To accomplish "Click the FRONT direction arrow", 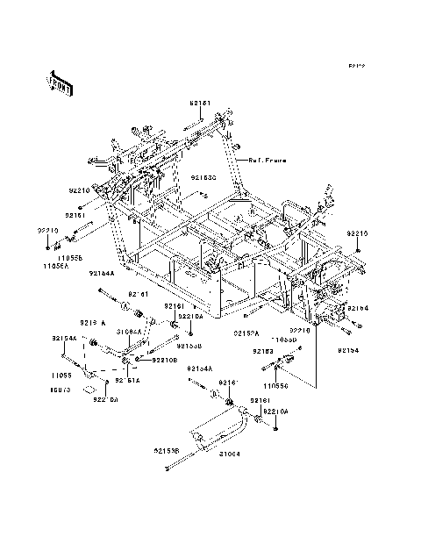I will click(x=60, y=82).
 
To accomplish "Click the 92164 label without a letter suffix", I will click(x=356, y=309).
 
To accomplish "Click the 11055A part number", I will click(x=56, y=266).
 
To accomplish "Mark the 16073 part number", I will click(x=60, y=388).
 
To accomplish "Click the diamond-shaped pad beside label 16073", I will click(x=89, y=386).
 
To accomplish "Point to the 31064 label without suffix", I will click(x=230, y=454).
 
